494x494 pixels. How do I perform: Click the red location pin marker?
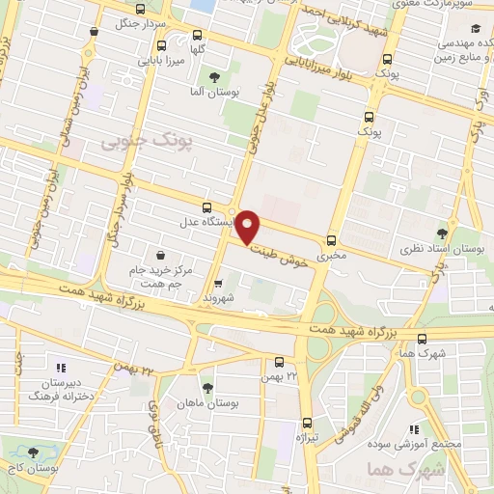250,227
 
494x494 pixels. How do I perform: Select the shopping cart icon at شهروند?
220,284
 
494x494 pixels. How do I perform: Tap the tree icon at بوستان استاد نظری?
442,233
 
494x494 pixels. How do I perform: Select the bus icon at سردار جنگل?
92,30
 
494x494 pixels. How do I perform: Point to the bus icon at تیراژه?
308,422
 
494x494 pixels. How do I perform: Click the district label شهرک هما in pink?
393,473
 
